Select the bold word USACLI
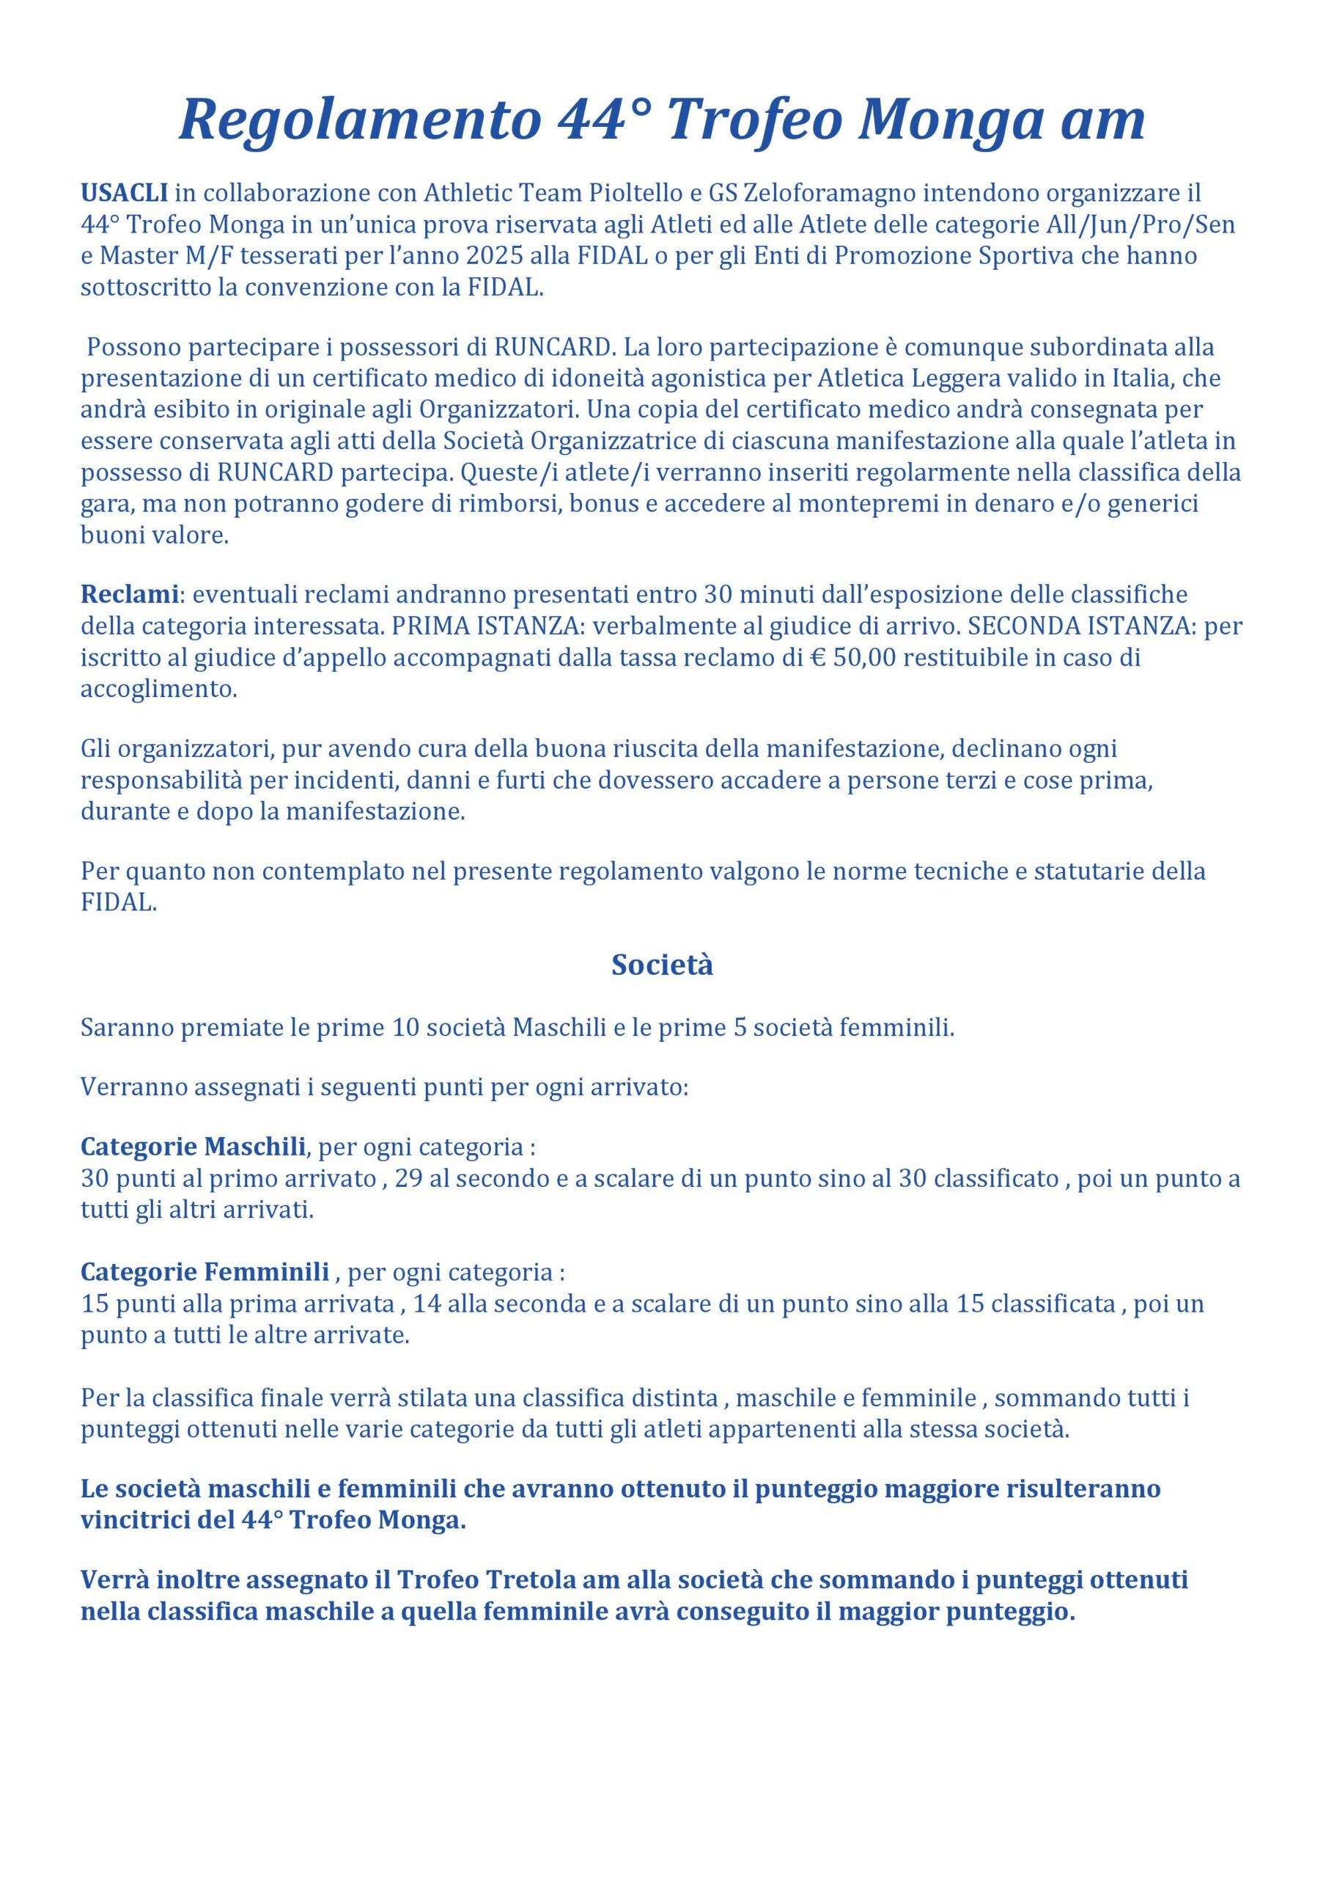point(125,193)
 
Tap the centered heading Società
point(662,965)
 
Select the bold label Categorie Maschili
point(193,1147)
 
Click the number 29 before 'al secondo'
point(408,1180)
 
